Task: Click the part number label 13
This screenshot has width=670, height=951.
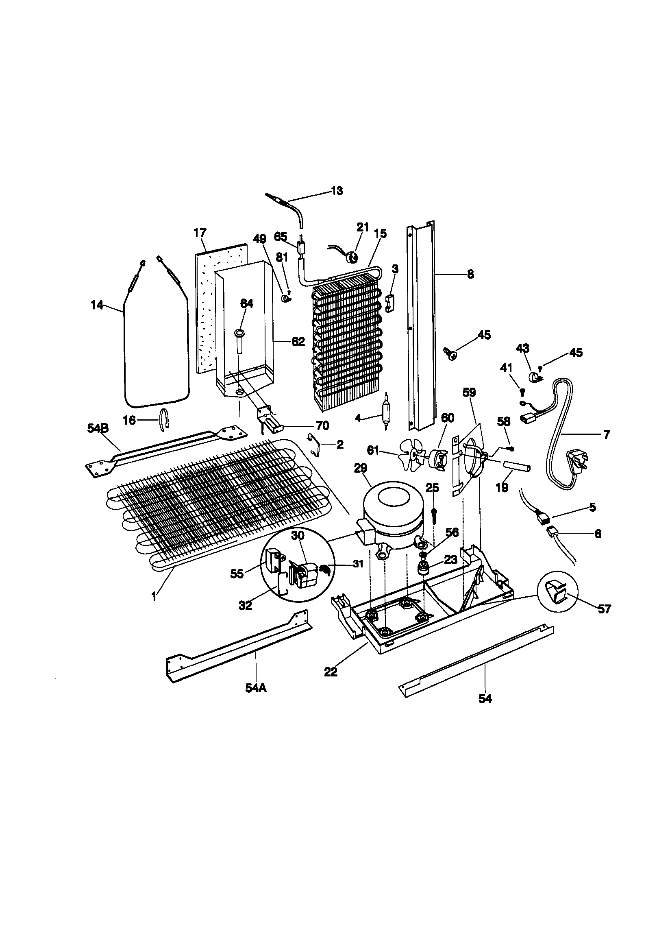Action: point(337,191)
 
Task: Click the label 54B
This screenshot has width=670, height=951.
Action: point(98,428)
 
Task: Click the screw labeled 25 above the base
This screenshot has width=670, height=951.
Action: point(433,516)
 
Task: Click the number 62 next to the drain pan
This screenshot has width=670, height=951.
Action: point(298,342)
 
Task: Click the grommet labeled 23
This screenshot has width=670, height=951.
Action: point(424,569)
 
